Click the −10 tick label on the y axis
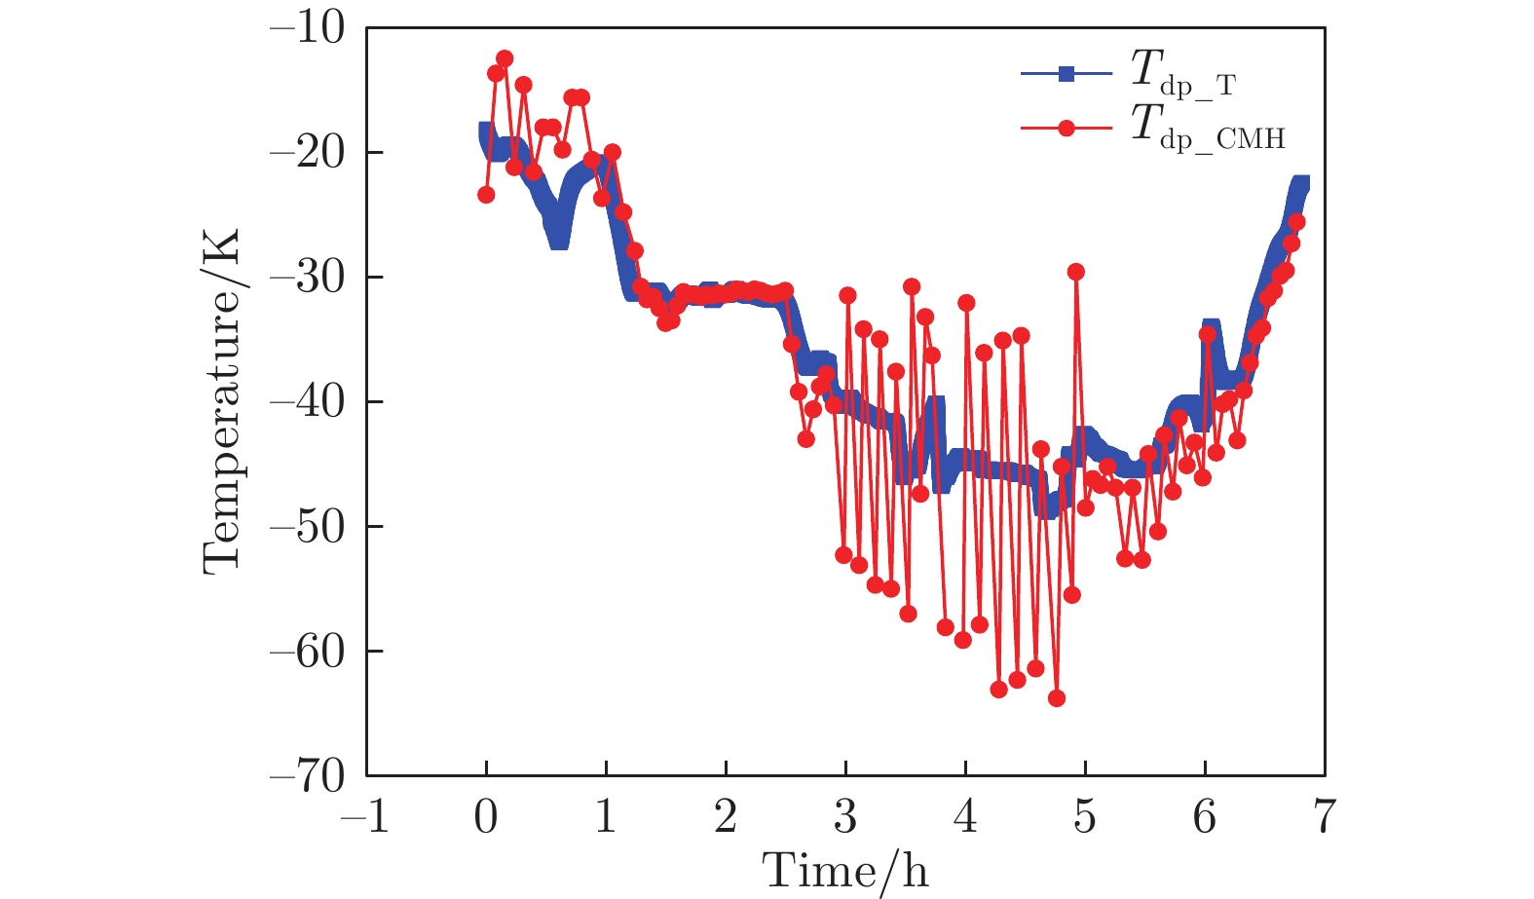pos(307,29)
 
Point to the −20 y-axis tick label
pos(307,153)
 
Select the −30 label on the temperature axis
pos(307,278)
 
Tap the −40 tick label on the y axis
pos(307,402)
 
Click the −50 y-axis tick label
pos(307,527)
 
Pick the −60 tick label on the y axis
pos(307,652)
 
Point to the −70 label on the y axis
pos(307,776)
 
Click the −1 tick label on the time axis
pos(365,816)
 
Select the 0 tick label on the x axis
pos(486,816)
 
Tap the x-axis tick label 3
pos(845,816)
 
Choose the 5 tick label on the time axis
pos(1085,816)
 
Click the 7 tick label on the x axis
pos(1324,816)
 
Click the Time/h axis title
pos(845,870)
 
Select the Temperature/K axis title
pos(222,401)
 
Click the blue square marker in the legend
pos(1066,73)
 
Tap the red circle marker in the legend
pos(1066,128)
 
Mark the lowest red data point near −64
pos(1057,698)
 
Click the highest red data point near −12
pos(505,58)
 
